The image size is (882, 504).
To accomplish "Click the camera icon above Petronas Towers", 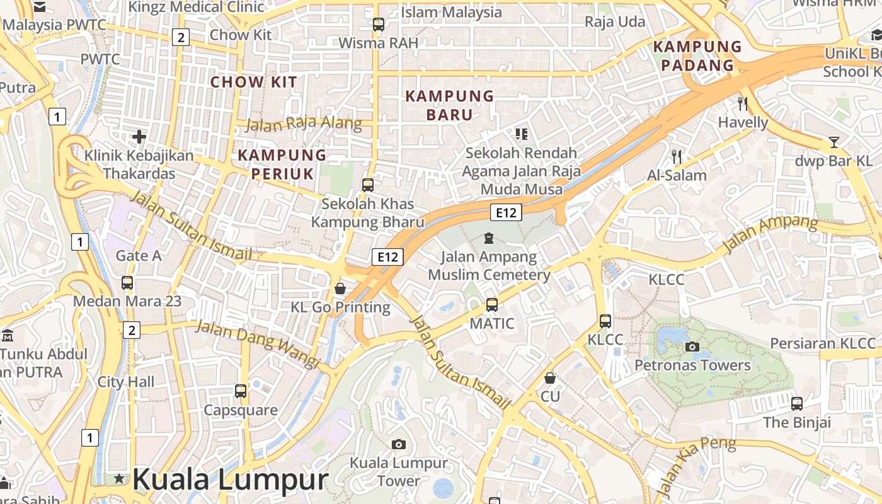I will tap(692, 346).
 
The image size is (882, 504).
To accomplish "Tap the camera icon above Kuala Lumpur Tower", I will tap(398, 445).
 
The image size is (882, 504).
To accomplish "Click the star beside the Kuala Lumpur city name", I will tap(119, 479).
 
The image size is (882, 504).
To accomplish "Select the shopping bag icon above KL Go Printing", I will tap(340, 289).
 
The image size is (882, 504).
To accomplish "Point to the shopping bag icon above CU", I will tap(550, 378).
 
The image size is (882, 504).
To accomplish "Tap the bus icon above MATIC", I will tap(492, 305).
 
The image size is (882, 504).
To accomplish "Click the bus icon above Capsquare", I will tap(241, 391).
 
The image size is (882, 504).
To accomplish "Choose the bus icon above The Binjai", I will tap(797, 403).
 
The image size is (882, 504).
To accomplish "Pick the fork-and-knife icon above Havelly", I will tap(743, 103).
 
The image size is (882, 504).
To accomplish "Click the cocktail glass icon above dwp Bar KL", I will tap(834, 142).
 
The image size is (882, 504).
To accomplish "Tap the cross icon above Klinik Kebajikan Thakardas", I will tap(139, 136).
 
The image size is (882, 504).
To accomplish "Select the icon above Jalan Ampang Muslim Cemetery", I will tap(488, 238).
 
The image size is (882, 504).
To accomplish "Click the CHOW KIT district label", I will tap(253, 82).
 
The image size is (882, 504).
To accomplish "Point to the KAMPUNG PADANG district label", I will tap(697, 55).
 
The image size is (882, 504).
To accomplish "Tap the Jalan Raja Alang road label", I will tap(304, 123).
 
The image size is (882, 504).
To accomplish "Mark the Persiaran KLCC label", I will tap(823, 343).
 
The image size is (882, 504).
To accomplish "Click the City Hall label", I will tap(126, 382).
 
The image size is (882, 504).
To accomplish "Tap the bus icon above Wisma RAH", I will tap(378, 25).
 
